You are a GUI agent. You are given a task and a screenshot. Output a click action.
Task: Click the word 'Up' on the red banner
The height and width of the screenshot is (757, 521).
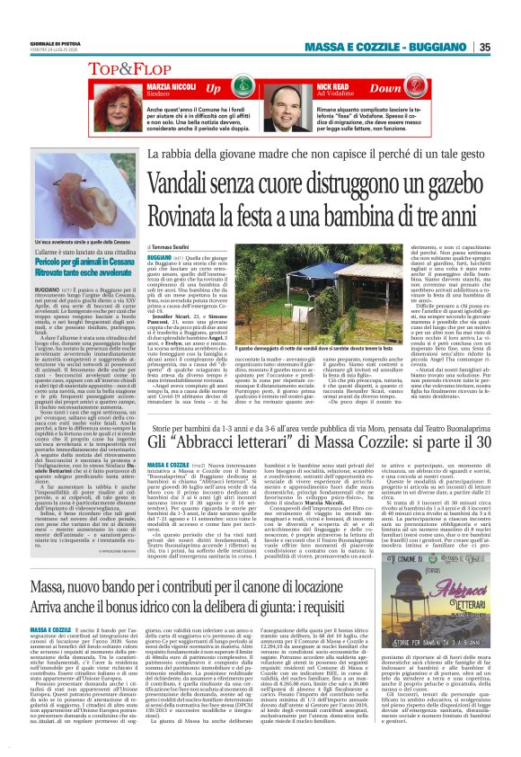pyautogui.click(x=213, y=90)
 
